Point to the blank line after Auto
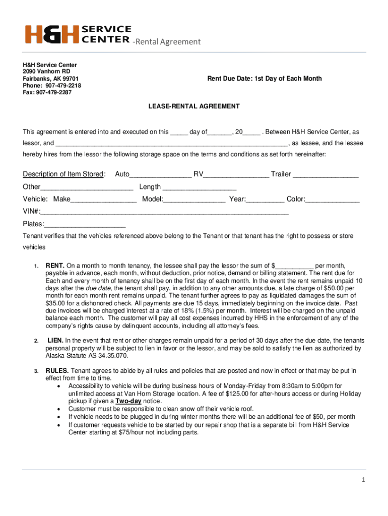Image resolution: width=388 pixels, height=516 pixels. tap(160, 175)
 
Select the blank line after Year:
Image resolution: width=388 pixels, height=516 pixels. tap(265, 200)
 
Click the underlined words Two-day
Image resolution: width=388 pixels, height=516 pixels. tap(128, 401)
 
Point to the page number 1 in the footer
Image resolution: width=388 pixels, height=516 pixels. tap(362, 480)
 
